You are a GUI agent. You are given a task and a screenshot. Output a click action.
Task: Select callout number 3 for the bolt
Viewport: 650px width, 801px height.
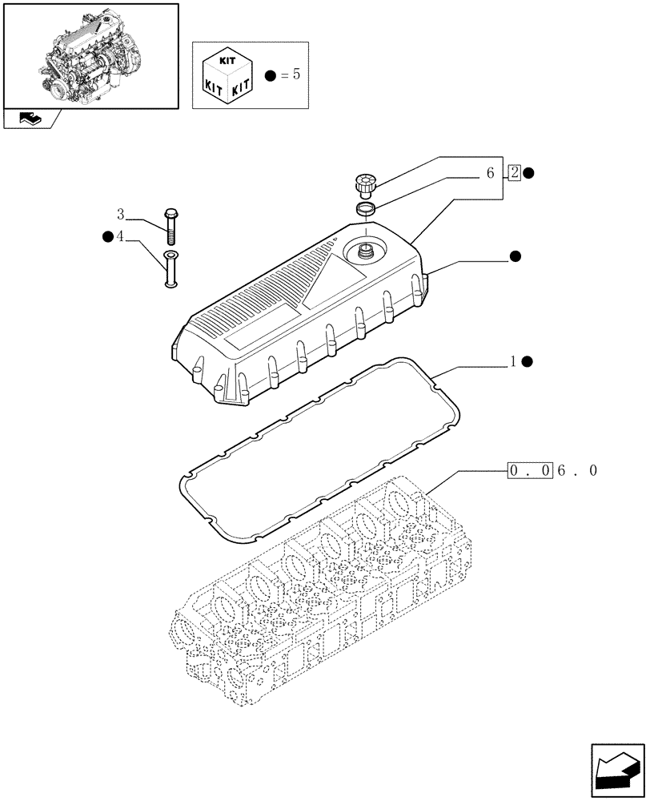(121, 214)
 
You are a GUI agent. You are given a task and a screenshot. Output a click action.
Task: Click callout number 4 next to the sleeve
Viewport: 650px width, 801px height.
(121, 236)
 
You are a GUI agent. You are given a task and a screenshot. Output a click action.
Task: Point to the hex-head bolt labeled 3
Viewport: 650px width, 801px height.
(171, 225)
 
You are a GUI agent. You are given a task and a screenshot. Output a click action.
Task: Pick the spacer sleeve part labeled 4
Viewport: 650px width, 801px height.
(171, 268)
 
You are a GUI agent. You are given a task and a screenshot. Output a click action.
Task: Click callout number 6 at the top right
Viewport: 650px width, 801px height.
(489, 172)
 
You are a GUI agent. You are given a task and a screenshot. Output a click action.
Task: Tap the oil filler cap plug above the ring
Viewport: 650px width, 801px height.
(365, 184)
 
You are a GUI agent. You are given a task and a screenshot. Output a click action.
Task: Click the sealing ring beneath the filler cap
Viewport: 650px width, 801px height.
(366, 210)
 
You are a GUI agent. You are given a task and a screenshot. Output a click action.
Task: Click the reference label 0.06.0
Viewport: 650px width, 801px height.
(552, 471)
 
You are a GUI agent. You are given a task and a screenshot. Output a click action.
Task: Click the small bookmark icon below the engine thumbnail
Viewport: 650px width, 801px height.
(30, 119)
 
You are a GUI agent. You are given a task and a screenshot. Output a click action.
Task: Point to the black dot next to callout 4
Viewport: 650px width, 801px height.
(107, 236)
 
